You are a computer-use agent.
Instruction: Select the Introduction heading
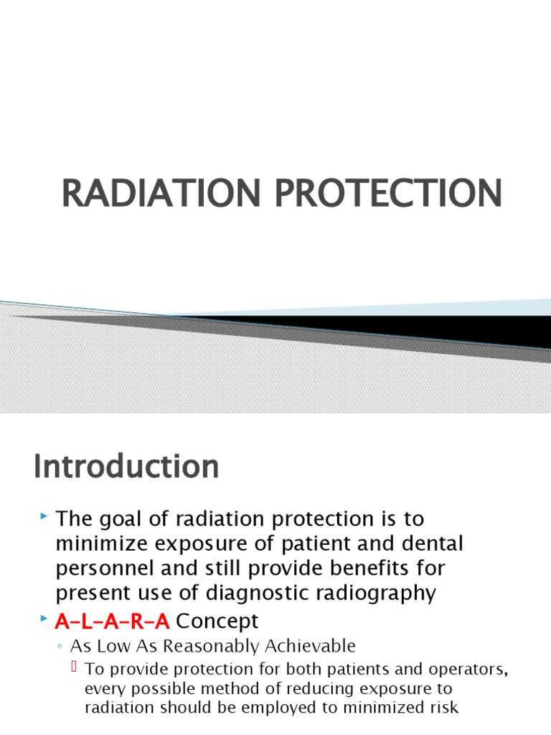pos(126,467)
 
